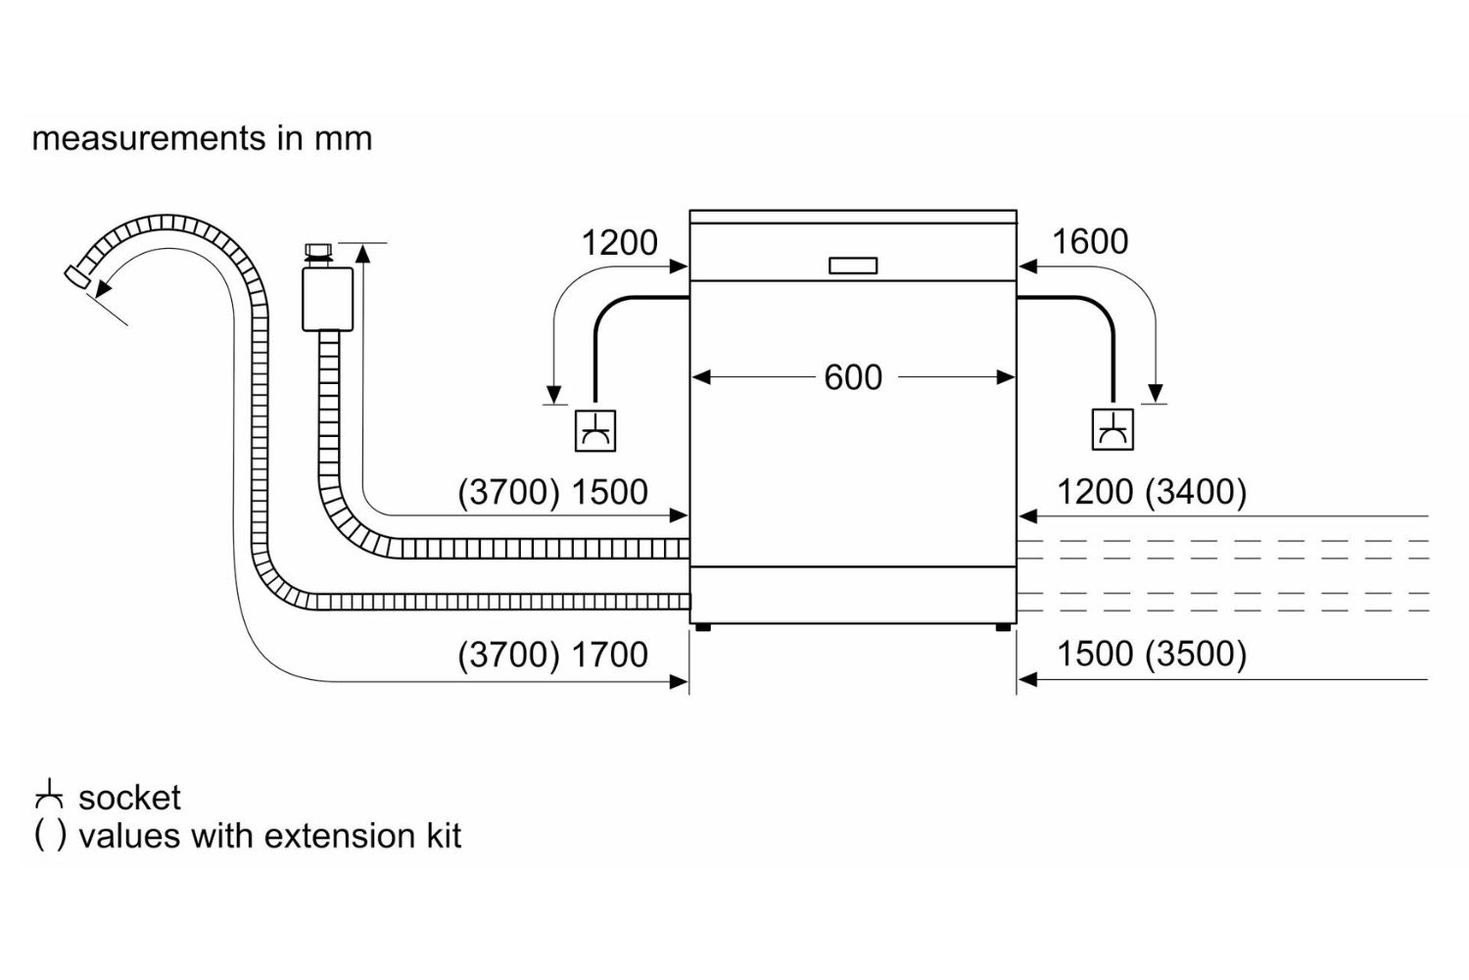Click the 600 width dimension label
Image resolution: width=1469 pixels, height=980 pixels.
pyautogui.click(x=853, y=377)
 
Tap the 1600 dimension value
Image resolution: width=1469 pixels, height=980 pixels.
pyautogui.click(x=1090, y=241)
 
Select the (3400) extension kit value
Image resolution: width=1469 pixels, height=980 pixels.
pyautogui.click(x=1196, y=492)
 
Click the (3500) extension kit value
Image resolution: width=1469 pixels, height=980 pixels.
pyautogui.click(x=1196, y=654)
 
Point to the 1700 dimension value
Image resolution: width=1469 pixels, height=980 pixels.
pyautogui.click(x=610, y=655)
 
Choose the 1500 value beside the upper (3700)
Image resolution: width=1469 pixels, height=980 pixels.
pyautogui.click(x=610, y=492)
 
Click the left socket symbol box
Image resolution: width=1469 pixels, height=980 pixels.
pyautogui.click(x=595, y=430)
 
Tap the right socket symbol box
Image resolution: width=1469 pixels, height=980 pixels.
pyautogui.click(x=1113, y=430)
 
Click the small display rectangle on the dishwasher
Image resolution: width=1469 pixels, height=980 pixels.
pyautogui.click(x=853, y=266)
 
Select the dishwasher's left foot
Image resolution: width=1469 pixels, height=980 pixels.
pyautogui.click(x=703, y=627)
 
